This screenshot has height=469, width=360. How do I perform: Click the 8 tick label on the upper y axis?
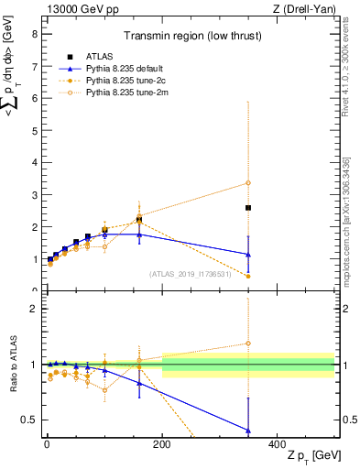click(34, 34)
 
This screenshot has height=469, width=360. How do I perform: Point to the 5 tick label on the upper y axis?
click(34, 130)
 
